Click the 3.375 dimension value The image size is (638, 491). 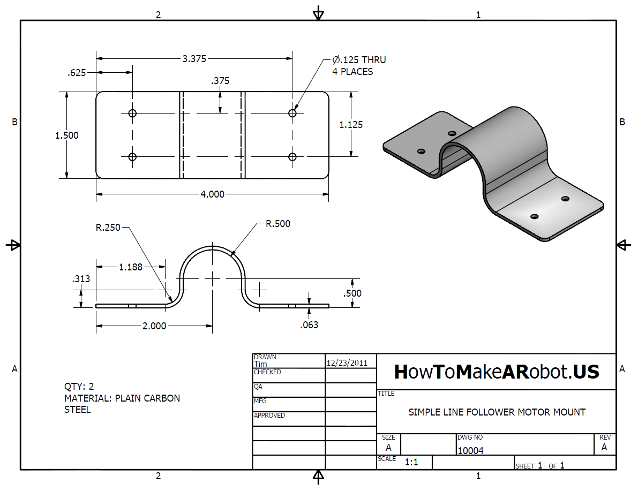pos(194,59)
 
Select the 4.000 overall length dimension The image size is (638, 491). pos(212,194)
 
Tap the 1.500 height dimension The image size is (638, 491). pos(67,135)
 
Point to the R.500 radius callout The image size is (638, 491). pos(278,224)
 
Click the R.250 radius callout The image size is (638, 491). pos(108,228)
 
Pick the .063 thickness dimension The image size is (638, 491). pos(309,324)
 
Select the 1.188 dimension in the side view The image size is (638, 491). pos(131,267)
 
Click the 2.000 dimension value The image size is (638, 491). pos(154,326)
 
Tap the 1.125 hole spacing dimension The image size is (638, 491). pos(351,125)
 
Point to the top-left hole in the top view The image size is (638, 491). pos(133,113)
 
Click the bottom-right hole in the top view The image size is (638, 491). pos(292,156)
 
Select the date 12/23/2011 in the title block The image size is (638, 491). pos(347,362)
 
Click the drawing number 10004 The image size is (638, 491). pos(470,451)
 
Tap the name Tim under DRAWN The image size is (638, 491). pos(260,364)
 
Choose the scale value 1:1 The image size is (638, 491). pos(411,463)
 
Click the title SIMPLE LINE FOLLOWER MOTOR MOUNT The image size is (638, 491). pos(497,412)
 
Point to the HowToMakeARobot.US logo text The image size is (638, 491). pos(497,372)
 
